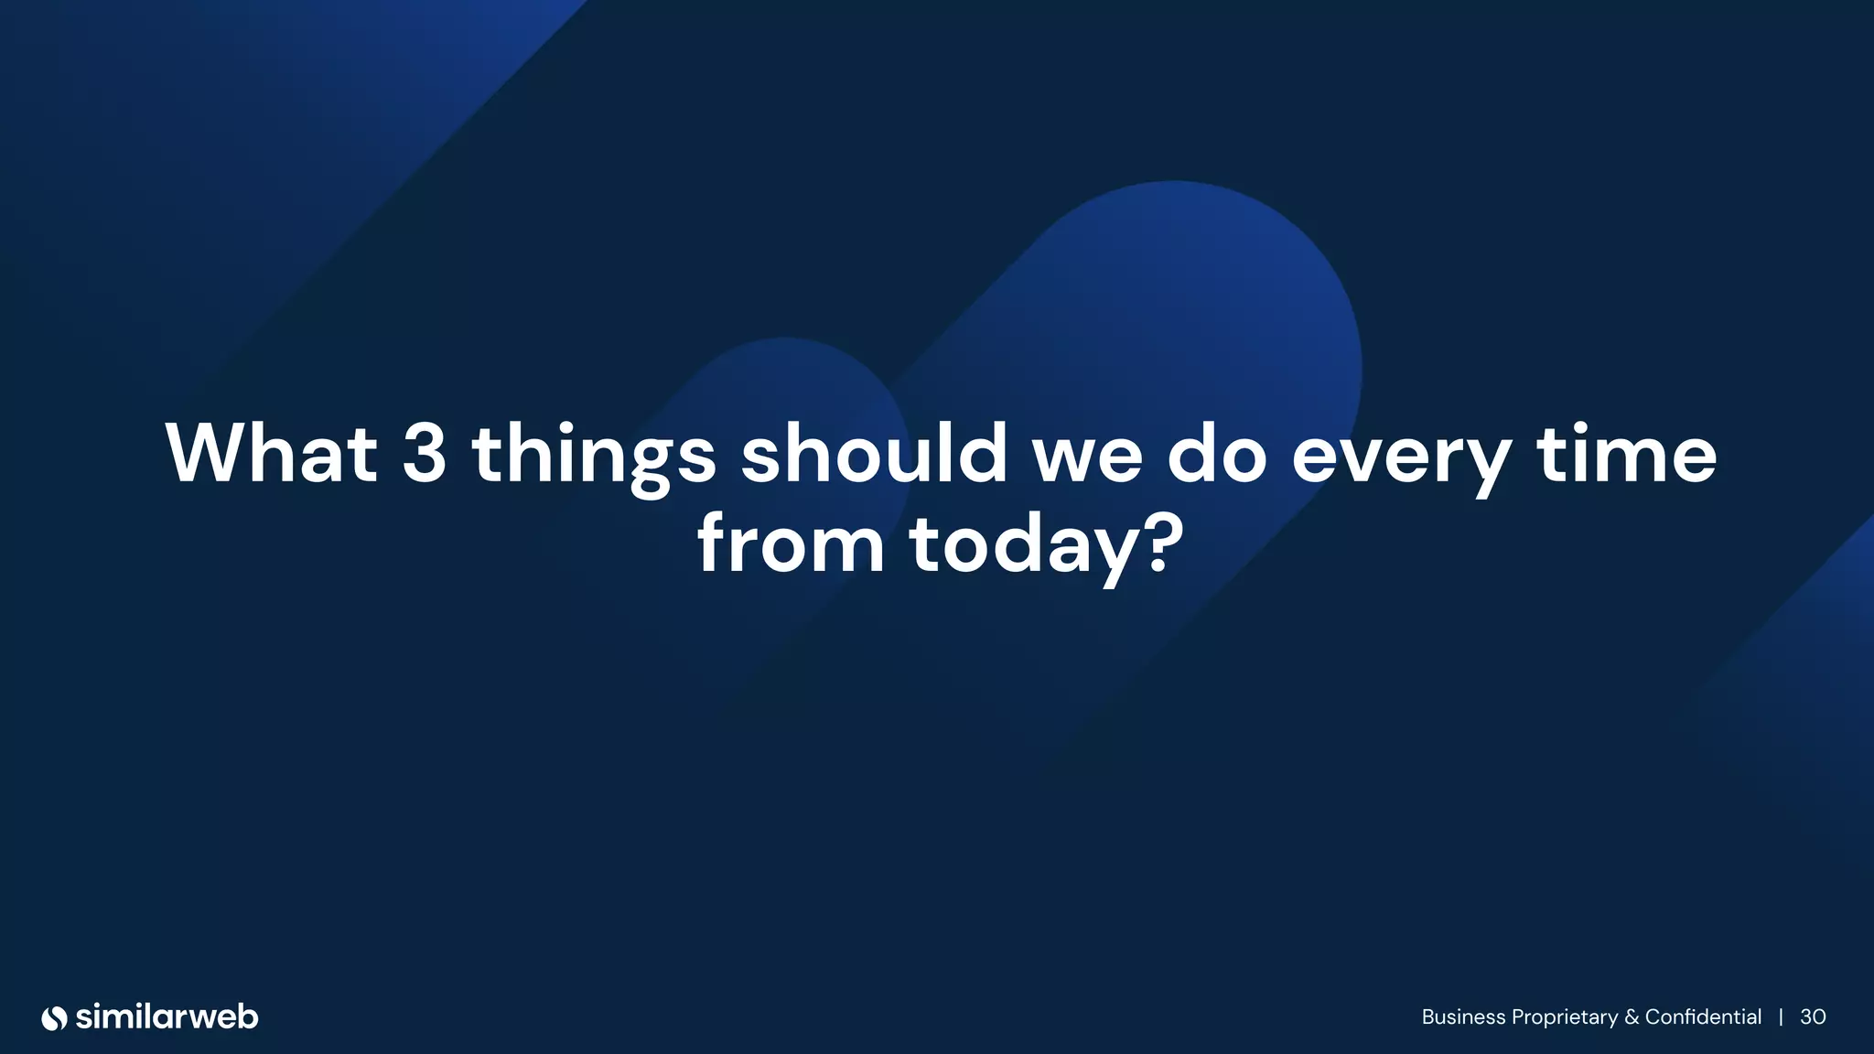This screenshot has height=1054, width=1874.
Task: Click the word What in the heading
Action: [271, 454]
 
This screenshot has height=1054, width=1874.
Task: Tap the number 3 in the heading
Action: [425, 454]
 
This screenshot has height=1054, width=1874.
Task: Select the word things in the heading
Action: [594, 456]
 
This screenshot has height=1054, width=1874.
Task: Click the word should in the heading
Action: [874, 454]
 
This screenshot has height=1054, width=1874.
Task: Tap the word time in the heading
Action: [1627, 454]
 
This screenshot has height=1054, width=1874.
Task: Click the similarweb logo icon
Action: [55, 1017]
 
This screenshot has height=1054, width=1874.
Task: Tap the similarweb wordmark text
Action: [167, 1016]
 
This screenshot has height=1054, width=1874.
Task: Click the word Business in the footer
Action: [1463, 1017]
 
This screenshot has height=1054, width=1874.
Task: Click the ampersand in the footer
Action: [1632, 1017]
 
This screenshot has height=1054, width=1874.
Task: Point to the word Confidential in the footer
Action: [1703, 1017]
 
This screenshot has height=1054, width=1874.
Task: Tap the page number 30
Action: [1813, 1017]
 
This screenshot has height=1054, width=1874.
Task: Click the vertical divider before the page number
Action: [1781, 1017]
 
